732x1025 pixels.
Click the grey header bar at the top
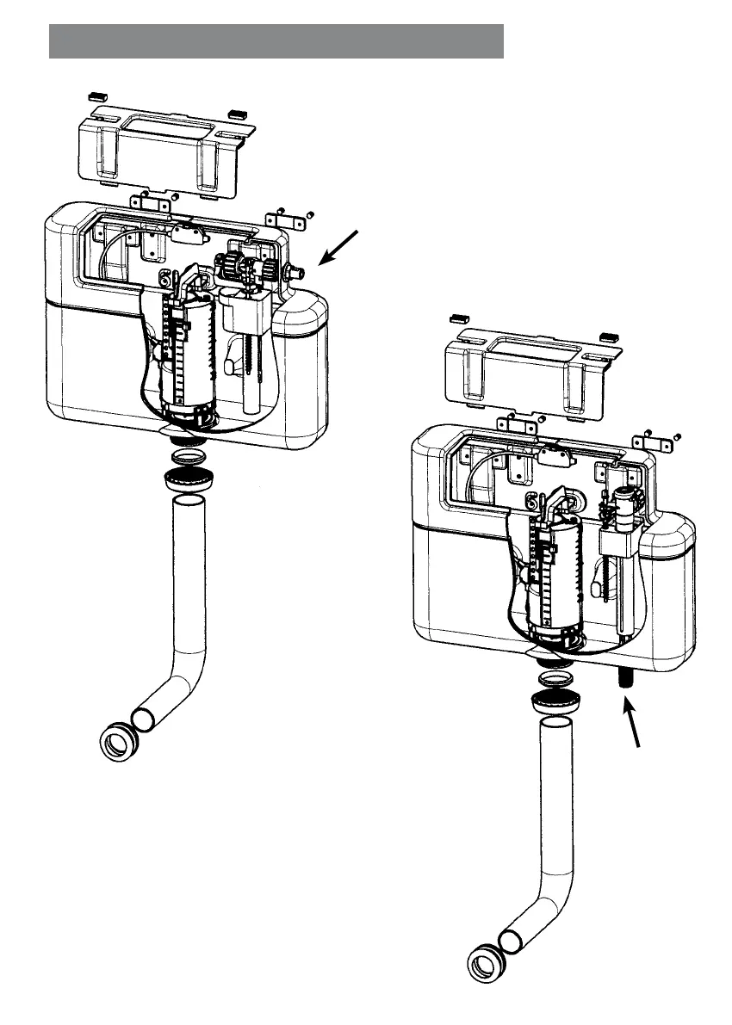tap(276, 40)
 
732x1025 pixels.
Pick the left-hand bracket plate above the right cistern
tap(515, 424)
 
